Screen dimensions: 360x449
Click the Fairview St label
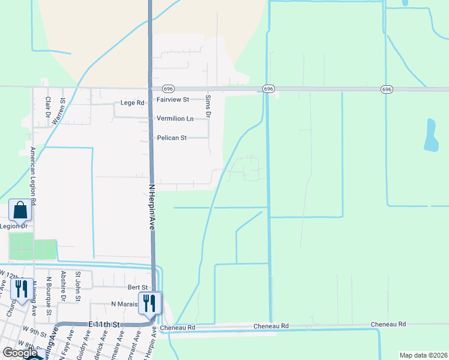(173, 100)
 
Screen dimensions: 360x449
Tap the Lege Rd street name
(133, 103)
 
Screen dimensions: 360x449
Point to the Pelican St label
(172, 138)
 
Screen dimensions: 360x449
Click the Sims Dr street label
(208, 105)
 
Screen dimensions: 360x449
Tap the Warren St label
(58, 112)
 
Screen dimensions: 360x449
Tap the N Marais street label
(125, 304)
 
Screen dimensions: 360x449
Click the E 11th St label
(105, 324)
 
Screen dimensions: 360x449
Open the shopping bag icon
(20, 211)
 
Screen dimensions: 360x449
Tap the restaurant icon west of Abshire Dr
(20, 289)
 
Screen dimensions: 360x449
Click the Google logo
(20, 352)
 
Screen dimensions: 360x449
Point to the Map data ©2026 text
(424, 355)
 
